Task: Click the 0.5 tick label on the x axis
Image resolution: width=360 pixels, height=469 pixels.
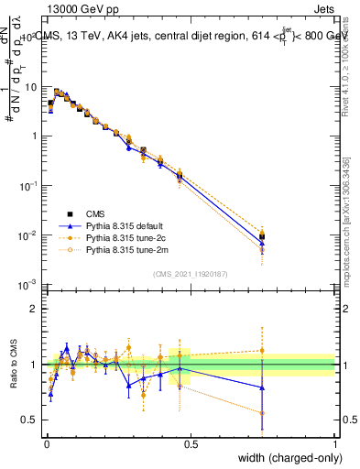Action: pyautogui.click(x=191, y=443)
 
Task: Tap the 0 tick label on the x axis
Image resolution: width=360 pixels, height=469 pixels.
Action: pyautogui.click(x=46, y=443)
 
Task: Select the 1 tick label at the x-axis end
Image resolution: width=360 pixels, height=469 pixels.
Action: pyautogui.click(x=334, y=443)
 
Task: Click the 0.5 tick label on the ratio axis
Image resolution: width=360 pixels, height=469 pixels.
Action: pyautogui.click(x=30, y=420)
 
